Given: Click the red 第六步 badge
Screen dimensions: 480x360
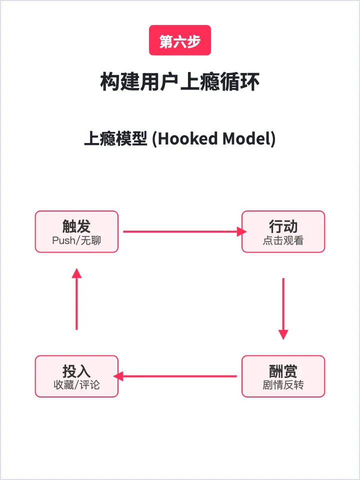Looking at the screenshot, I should tap(180, 40).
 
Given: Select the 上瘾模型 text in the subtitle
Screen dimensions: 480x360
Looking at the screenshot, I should tap(115, 138).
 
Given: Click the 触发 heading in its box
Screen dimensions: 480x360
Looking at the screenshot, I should tap(76, 226).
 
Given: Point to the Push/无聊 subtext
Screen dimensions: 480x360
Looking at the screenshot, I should tap(76, 240).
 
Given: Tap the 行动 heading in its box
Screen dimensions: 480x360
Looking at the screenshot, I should tap(283, 226).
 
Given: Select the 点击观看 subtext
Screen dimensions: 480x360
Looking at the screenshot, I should tap(283, 240).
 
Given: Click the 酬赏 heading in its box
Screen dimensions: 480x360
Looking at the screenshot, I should tap(283, 371).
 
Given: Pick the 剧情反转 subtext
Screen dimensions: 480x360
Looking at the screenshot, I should tap(283, 385).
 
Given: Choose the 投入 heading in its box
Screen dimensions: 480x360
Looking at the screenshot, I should tap(76, 371).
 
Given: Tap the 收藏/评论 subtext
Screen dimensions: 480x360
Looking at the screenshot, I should tap(76, 385).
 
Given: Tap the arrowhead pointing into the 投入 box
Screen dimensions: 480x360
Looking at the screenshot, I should tap(119, 376).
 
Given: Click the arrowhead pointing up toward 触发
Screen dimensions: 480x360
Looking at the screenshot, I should tap(76, 273).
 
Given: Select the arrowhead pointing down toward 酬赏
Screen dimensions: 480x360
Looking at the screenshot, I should tap(283, 334).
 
